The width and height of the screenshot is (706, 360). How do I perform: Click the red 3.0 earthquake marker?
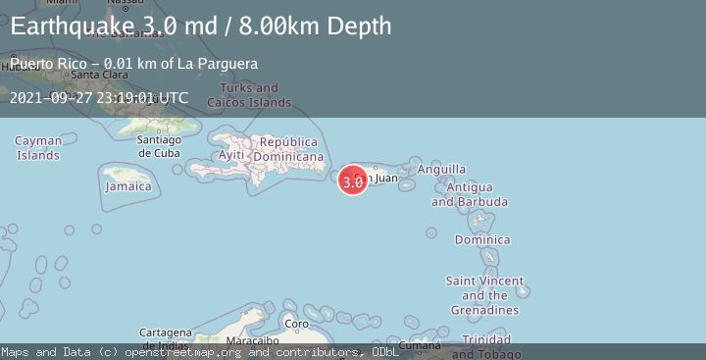coord(353,180)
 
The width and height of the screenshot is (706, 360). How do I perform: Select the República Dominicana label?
coord(288,149)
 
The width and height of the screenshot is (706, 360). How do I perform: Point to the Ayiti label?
coord(231,156)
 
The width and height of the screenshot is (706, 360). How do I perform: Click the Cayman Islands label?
coord(38,148)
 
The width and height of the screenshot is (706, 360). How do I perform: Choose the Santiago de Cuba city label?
coord(159,145)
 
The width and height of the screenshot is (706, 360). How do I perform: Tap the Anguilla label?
coord(441,170)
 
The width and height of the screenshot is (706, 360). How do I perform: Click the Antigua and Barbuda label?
coord(470,194)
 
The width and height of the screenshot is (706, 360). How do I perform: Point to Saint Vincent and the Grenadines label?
coord(484,295)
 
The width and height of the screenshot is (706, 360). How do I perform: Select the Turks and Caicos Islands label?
coord(256,95)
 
